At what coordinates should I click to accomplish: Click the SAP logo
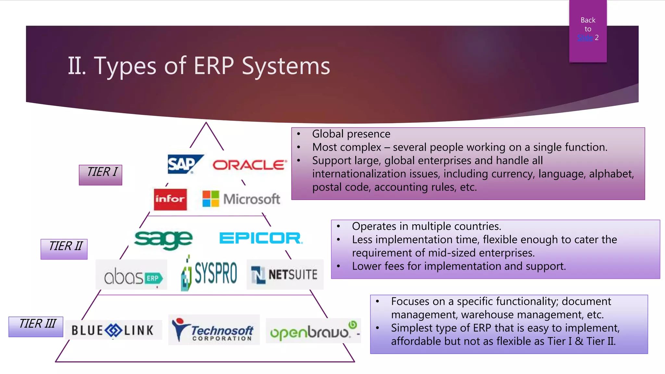coord(183,164)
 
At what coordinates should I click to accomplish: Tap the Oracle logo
coord(249,165)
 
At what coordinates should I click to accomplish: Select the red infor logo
coord(170,199)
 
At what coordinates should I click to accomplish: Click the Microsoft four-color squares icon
coord(211,199)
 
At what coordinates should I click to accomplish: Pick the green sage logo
coord(163,239)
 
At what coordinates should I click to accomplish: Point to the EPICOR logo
coord(261,238)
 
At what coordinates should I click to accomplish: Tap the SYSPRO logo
coord(209,273)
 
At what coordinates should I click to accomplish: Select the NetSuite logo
coord(284,275)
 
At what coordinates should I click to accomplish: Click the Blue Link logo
coord(112,330)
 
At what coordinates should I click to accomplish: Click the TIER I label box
coord(101,175)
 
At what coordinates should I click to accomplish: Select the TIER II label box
coord(64,249)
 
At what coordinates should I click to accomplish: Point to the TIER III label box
coord(36,326)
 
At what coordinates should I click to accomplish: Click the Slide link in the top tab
coord(585,38)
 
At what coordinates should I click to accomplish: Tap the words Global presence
coord(351,134)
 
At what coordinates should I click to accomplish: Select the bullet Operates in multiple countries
coord(426,226)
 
